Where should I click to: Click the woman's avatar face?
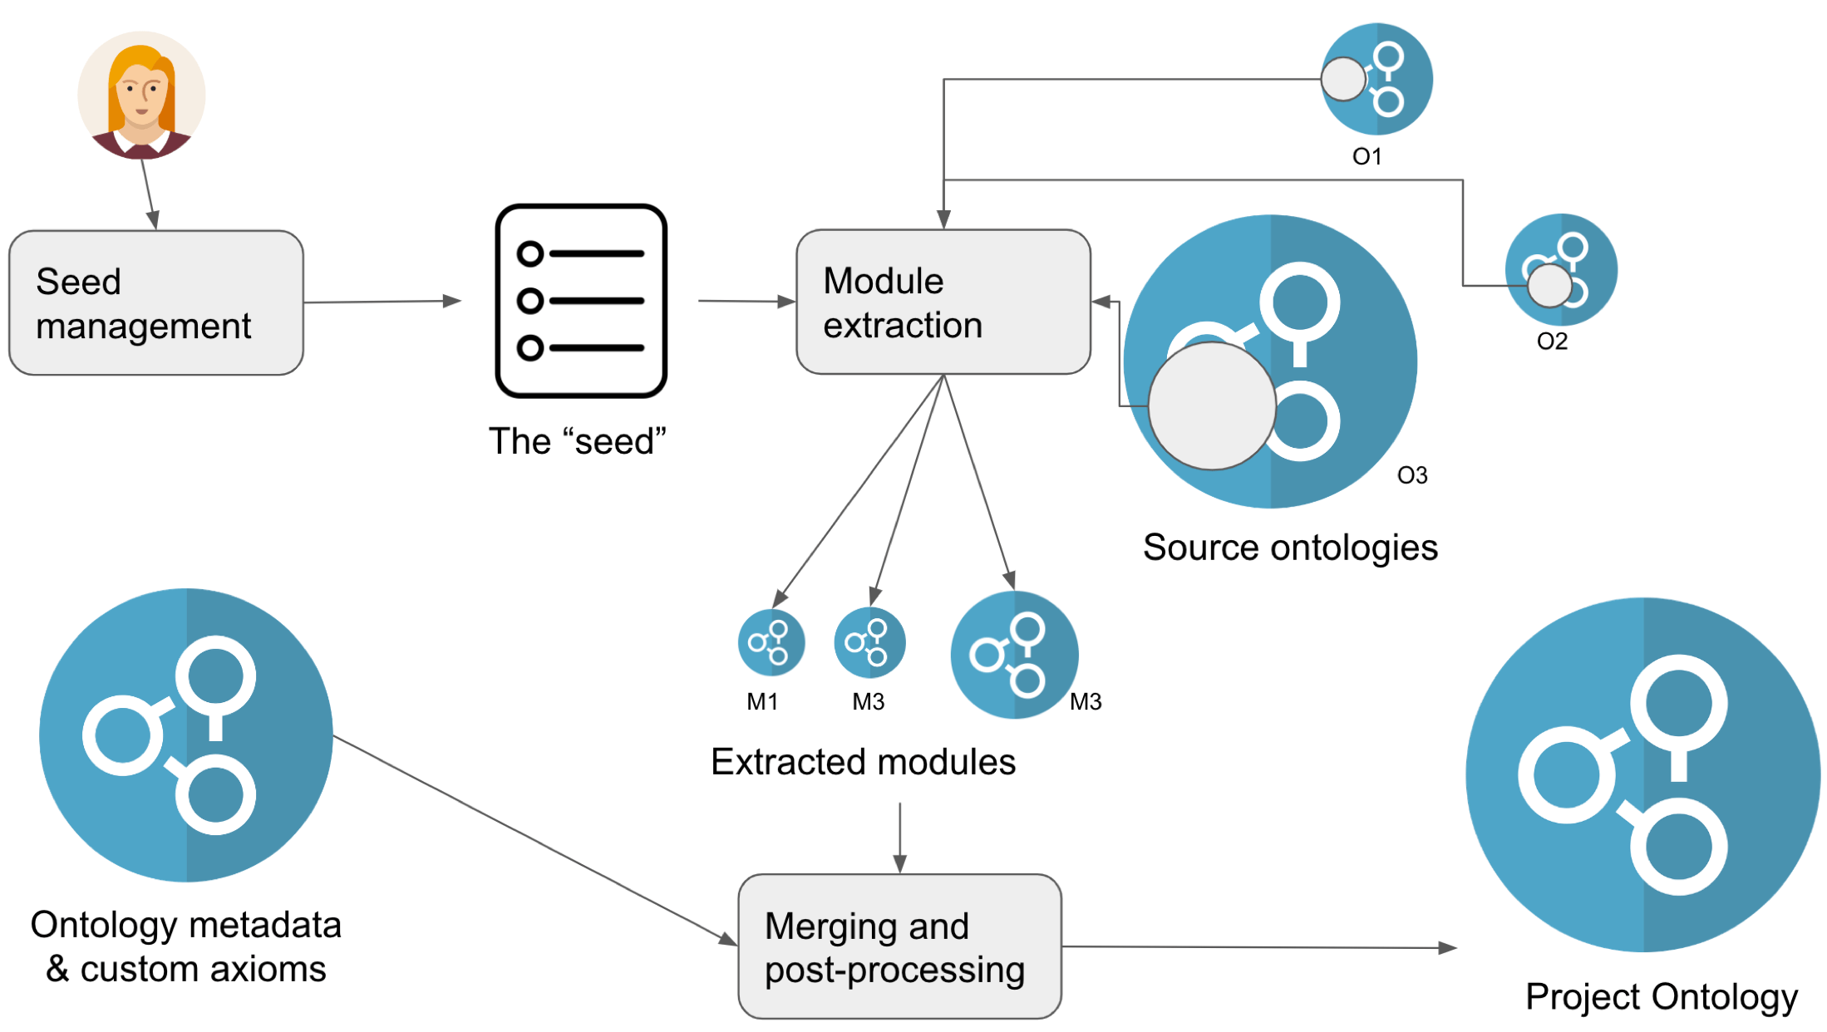click(141, 91)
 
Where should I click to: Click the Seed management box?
click(156, 302)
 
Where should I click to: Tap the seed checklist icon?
click(581, 301)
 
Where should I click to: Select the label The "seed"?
click(578, 441)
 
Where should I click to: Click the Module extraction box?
click(943, 302)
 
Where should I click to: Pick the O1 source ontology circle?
click(1377, 80)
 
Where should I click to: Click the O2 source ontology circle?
click(1561, 270)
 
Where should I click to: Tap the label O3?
click(1412, 475)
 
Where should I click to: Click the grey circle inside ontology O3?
click(1212, 406)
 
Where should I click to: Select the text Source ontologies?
click(1290, 548)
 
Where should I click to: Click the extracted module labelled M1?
click(771, 642)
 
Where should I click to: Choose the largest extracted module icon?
click(1014, 655)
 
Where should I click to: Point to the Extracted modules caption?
click(863, 762)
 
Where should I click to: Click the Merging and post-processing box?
click(899, 946)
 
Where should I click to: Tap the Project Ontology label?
click(1661, 996)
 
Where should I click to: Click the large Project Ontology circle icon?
click(1642, 774)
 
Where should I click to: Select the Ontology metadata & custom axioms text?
click(186, 946)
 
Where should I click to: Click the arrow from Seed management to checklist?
click(382, 302)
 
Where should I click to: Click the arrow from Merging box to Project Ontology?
click(1258, 947)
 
